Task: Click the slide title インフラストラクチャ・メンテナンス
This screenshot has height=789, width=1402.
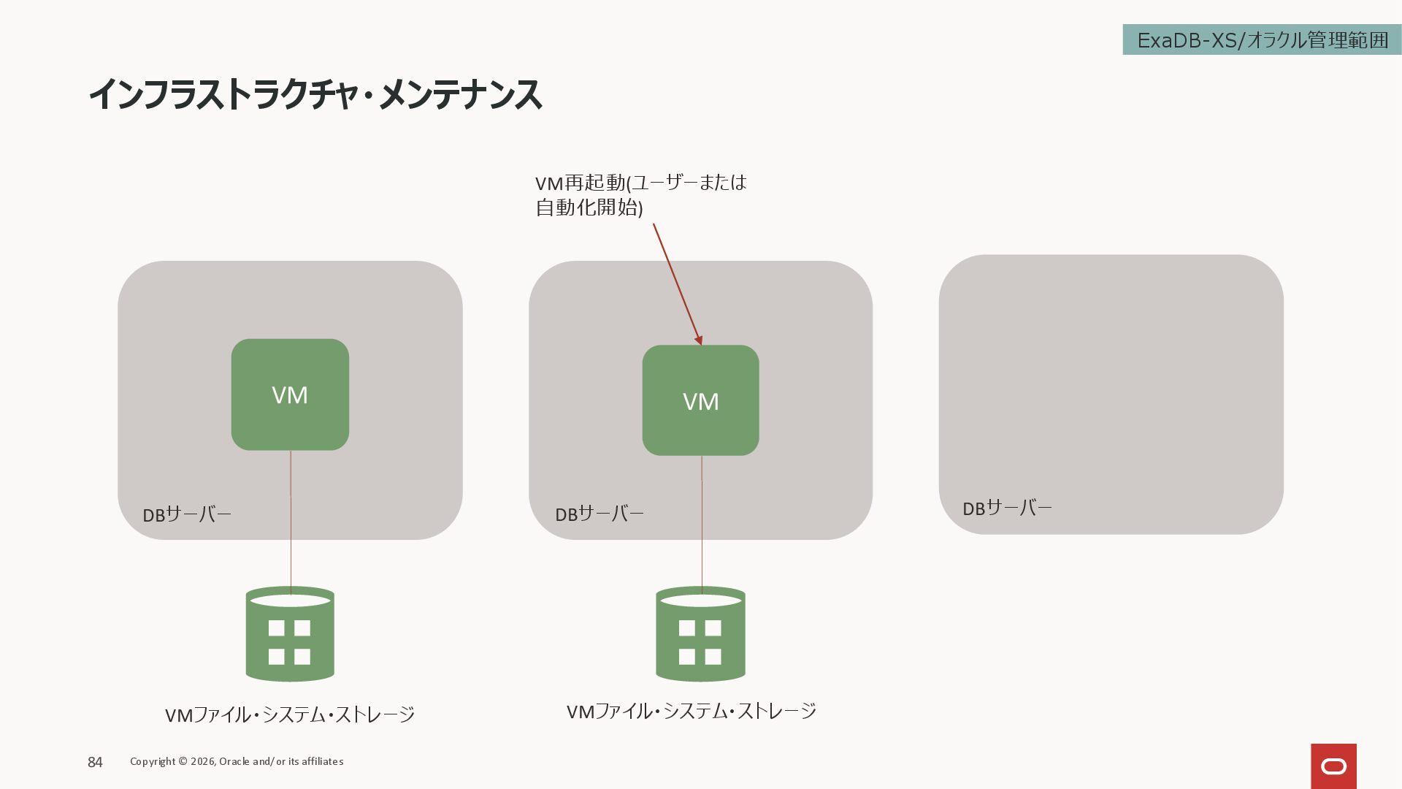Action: [315, 95]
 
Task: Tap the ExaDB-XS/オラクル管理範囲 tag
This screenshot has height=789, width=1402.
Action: [1262, 40]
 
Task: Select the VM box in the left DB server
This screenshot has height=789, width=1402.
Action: [290, 394]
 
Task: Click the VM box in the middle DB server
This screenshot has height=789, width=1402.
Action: [700, 400]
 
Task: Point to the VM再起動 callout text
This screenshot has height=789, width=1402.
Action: [640, 183]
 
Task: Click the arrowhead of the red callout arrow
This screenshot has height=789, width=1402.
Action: [699, 340]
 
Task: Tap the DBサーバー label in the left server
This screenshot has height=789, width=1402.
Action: [187, 514]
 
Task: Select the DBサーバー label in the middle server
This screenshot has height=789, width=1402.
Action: [600, 514]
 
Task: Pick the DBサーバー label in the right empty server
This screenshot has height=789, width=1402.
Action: [1007, 508]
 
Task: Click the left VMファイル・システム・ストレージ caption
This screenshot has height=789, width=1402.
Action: [290, 714]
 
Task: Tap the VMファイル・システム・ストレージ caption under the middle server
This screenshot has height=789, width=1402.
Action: [692, 711]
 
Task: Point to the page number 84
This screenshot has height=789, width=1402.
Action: [95, 762]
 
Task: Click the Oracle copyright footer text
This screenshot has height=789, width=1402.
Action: [237, 761]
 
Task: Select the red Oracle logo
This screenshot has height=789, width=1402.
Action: [1333, 766]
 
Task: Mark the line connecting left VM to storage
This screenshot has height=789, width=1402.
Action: [291, 519]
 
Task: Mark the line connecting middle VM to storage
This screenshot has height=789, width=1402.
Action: [702, 522]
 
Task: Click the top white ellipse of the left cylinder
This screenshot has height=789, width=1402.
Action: [290, 601]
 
